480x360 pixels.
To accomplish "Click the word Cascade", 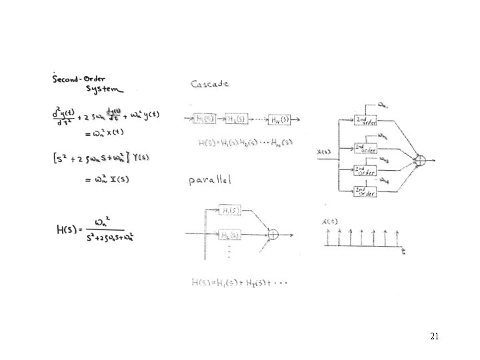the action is pyautogui.click(x=209, y=84).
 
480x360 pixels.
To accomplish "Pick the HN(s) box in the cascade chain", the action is pyautogui.click(x=279, y=119).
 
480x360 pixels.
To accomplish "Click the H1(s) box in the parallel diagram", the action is pyautogui.click(x=231, y=211).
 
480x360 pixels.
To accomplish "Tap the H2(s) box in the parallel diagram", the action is pyautogui.click(x=231, y=235).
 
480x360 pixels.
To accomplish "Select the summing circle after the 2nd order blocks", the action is pyautogui.click(x=420, y=159).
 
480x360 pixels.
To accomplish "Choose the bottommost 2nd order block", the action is pyautogui.click(x=365, y=191).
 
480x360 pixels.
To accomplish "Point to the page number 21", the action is pyautogui.click(x=434, y=337).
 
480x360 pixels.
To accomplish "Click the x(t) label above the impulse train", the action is pyautogui.click(x=329, y=221).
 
